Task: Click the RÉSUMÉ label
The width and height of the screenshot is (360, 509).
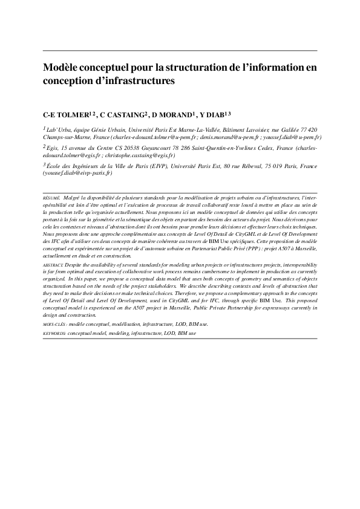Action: click(x=51, y=198)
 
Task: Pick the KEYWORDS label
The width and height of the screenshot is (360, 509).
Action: click(x=54, y=333)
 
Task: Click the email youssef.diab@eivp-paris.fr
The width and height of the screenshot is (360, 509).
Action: click(x=77, y=173)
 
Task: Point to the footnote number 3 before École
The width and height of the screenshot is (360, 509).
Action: click(x=44, y=164)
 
